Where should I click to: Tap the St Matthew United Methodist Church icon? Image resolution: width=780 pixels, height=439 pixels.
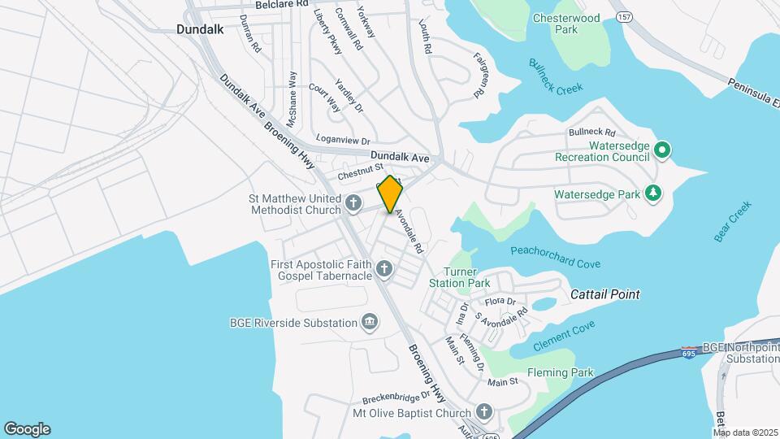point(353,202)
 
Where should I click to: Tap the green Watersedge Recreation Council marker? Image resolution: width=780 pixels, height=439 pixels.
point(662,150)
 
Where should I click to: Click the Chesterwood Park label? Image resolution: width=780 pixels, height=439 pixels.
point(566,23)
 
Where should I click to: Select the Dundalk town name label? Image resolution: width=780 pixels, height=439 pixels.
point(199,28)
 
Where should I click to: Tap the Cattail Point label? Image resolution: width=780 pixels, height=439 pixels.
point(604,294)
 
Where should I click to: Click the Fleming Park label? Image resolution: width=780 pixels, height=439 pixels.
point(560,373)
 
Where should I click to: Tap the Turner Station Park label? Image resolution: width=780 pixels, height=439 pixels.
point(466,277)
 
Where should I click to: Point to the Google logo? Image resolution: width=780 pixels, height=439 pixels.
point(27,428)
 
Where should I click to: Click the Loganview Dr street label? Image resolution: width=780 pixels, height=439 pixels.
point(343,140)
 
